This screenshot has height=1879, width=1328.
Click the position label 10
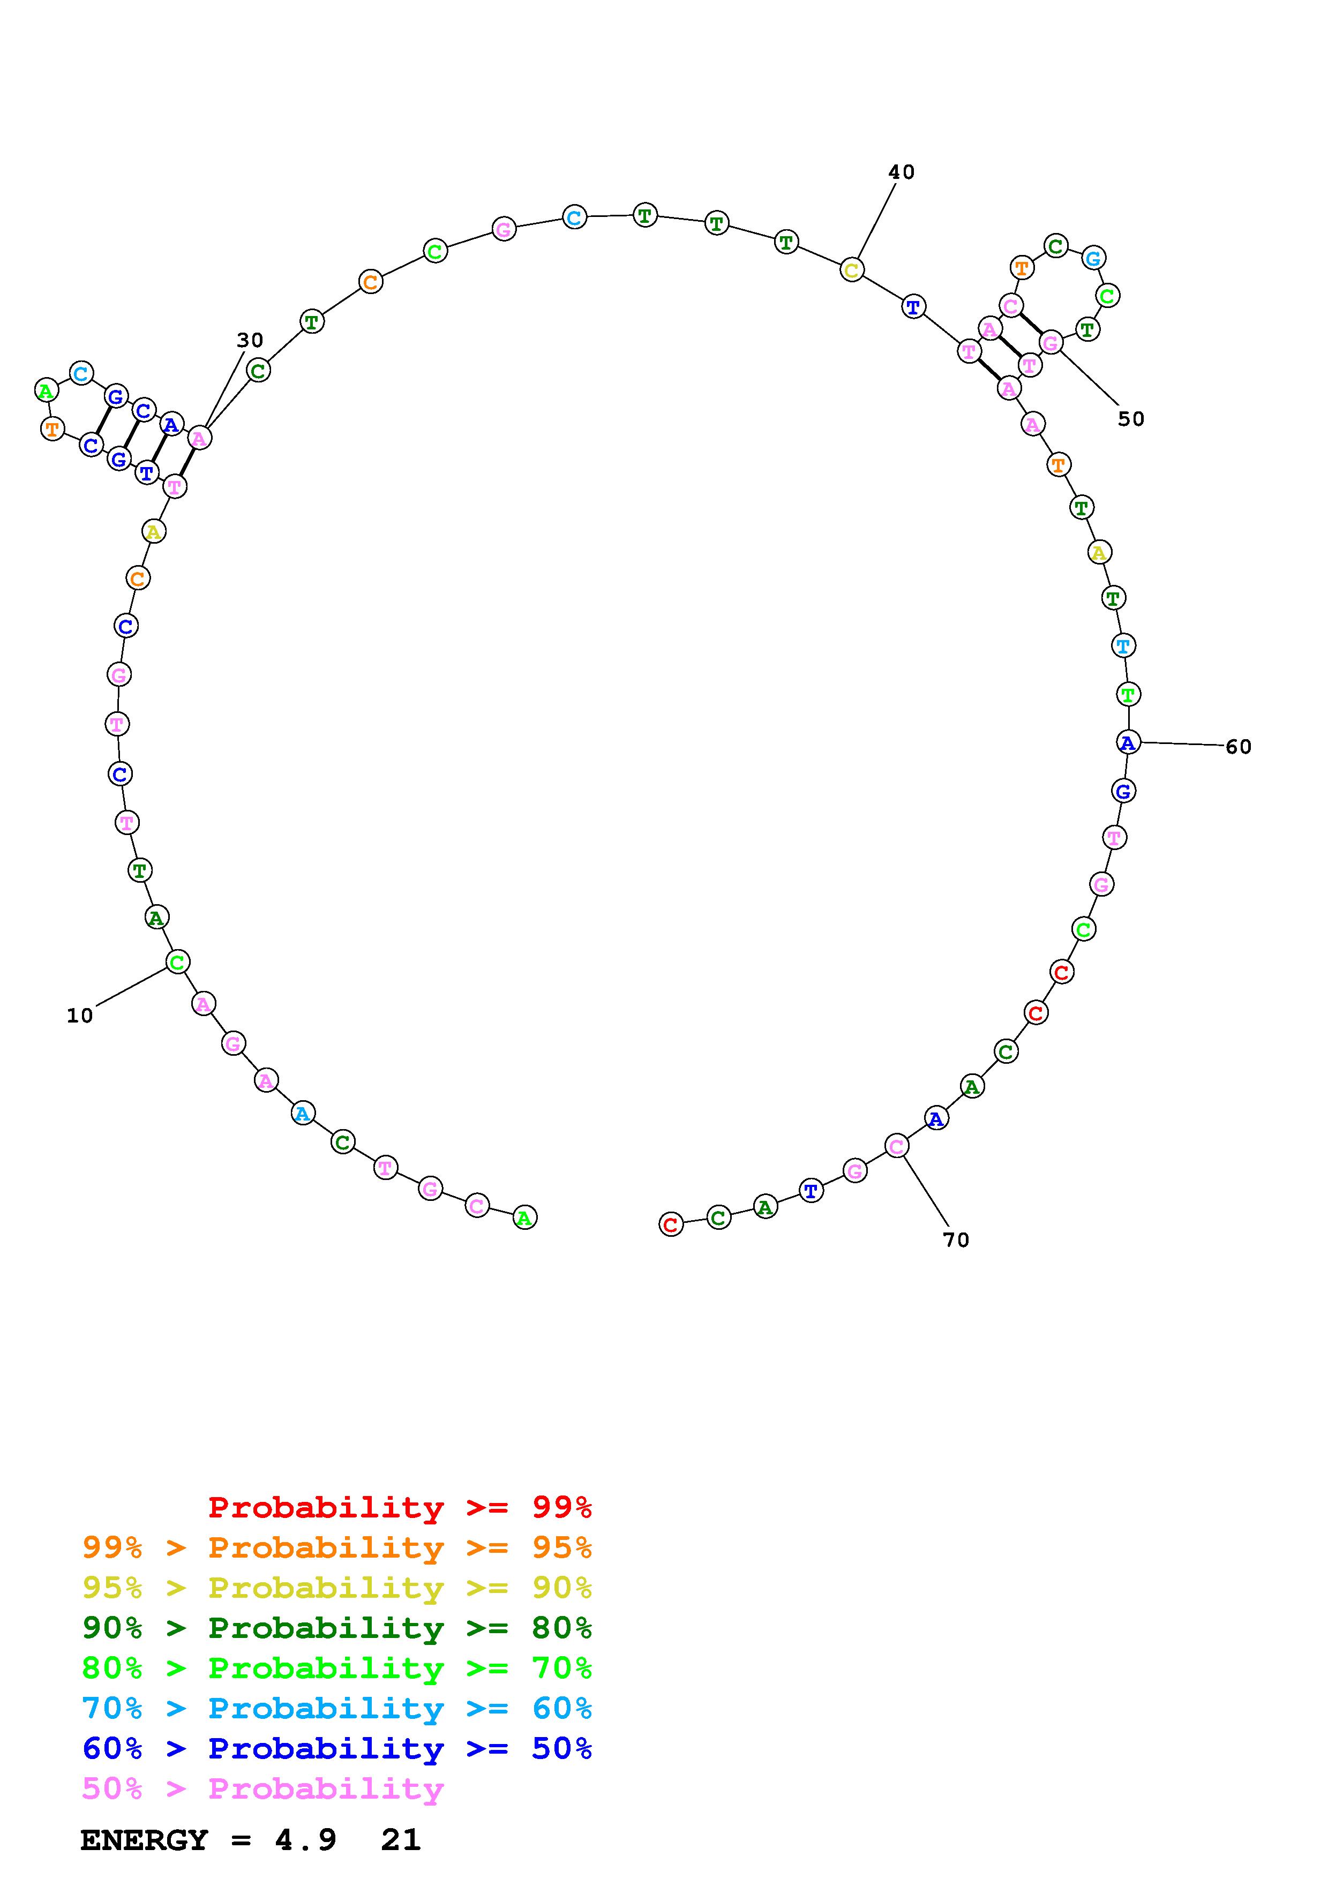point(80,1016)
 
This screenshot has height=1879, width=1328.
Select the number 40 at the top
point(902,172)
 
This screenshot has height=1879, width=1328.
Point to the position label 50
point(1131,419)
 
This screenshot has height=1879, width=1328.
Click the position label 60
point(1239,746)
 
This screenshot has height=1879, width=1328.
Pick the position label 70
point(957,1240)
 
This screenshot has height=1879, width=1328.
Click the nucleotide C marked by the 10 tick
point(177,961)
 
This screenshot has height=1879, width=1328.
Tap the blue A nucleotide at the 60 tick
point(1128,742)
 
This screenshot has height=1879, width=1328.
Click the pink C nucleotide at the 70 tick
point(897,1146)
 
